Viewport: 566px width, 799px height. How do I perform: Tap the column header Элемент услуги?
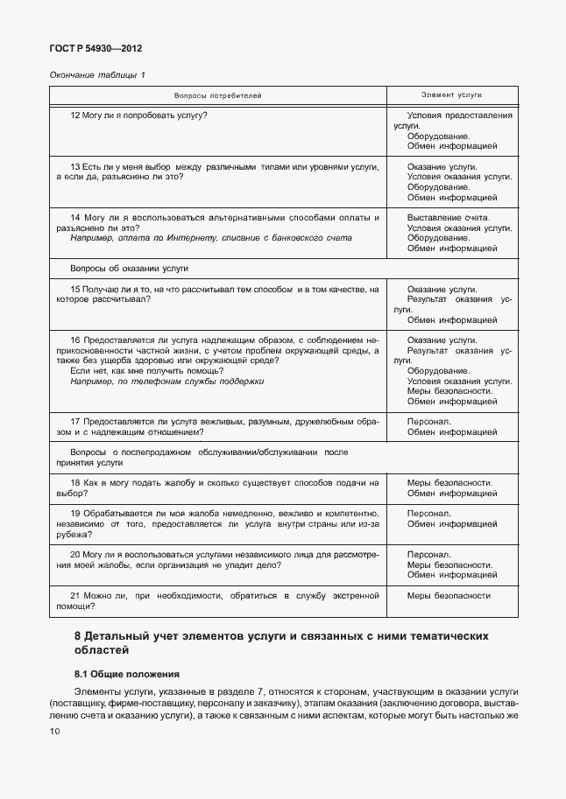[x=452, y=95]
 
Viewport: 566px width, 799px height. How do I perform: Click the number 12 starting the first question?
[x=74, y=116]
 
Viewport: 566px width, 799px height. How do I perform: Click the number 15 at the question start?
[x=74, y=289]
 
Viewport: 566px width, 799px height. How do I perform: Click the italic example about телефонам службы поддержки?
[x=166, y=382]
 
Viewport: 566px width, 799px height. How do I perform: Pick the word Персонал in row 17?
[x=429, y=421]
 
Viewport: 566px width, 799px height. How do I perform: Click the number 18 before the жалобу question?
[x=74, y=482]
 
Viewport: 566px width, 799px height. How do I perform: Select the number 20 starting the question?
[x=75, y=554]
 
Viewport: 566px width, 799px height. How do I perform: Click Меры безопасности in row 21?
[x=449, y=596]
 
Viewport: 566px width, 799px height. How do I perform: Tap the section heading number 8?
[x=78, y=636]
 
